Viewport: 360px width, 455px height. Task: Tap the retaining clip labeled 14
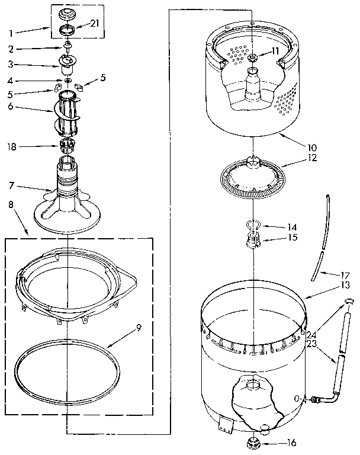point(253,223)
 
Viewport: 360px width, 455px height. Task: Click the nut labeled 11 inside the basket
point(253,57)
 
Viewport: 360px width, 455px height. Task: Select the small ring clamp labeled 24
point(349,304)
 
